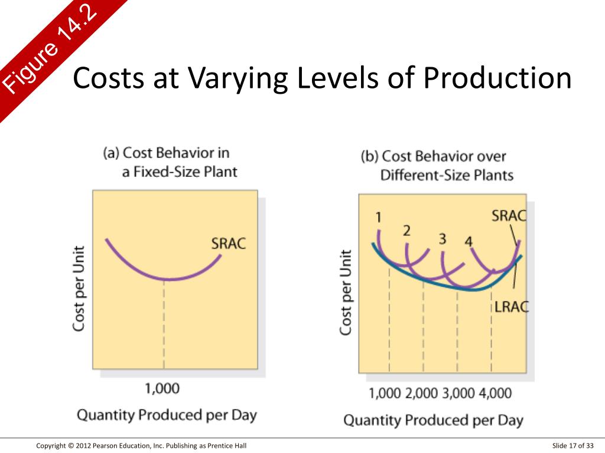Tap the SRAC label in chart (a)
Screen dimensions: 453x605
pyautogui.click(x=228, y=243)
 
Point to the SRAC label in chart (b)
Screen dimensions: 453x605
pyautogui.click(x=509, y=215)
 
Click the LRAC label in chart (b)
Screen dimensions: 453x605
pyautogui.click(x=511, y=306)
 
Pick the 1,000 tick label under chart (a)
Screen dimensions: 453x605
pyautogui.click(x=162, y=388)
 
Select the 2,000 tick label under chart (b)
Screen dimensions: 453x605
pyautogui.click(x=422, y=393)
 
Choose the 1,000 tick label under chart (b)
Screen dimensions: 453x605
pyautogui.click(x=385, y=393)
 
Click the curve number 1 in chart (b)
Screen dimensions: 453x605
pyautogui.click(x=379, y=218)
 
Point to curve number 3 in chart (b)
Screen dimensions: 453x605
pyautogui.click(x=442, y=238)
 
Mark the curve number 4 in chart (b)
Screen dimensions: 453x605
pyautogui.click(x=469, y=241)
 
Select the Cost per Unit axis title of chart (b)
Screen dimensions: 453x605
pyautogui.click(x=346, y=293)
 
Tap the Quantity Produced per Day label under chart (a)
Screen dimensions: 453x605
pyautogui.click(x=167, y=415)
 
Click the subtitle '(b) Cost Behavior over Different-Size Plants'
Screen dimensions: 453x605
pyautogui.click(x=437, y=166)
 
